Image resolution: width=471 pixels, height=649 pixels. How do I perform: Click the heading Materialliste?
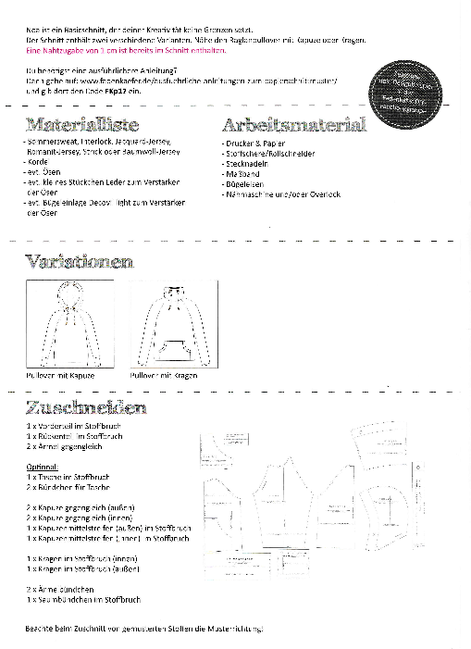point(83,124)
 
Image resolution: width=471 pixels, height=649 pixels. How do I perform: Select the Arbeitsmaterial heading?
point(294,124)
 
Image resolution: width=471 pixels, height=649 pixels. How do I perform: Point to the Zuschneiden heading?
point(85,407)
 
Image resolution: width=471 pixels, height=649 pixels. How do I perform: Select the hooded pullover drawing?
point(73,324)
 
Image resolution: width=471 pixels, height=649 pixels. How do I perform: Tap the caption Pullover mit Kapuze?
point(60,377)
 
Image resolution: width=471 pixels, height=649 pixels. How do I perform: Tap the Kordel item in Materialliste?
point(38,161)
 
